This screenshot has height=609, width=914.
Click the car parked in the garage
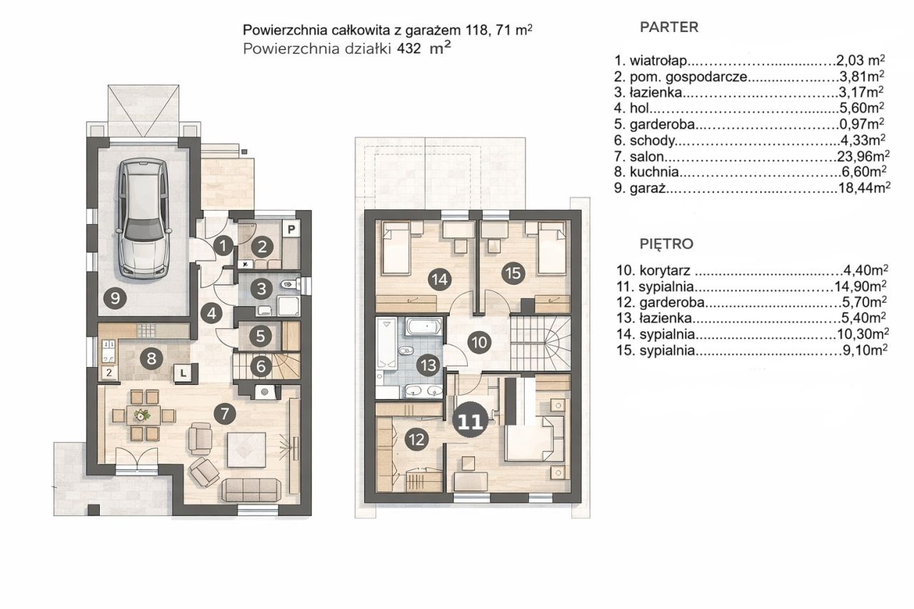pos(144,218)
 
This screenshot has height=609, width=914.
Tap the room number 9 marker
pos(115,298)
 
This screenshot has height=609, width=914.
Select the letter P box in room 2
pos(291,229)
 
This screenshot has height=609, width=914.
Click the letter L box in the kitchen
pos(184,373)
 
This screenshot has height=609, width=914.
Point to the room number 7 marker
pos(224,413)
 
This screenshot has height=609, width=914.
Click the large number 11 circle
pos(471,421)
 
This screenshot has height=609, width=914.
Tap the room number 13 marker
pos(429,366)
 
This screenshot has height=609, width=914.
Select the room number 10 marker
pos(479,342)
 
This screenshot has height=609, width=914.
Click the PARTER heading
pos(669,27)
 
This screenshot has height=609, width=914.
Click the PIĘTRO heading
pos(666,244)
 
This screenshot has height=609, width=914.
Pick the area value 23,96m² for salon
pos(863,156)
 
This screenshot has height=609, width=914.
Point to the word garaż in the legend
pos(648,188)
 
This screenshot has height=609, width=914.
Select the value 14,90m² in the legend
pos(860,286)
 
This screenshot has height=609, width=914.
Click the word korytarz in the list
pos(665,271)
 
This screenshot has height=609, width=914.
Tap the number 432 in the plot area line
pos(409,49)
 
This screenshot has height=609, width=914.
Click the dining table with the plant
pos(144,416)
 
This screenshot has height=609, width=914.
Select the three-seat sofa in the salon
pos(251,490)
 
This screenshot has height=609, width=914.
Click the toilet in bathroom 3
pos(291,284)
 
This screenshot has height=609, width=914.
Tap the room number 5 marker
pos(261,336)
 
